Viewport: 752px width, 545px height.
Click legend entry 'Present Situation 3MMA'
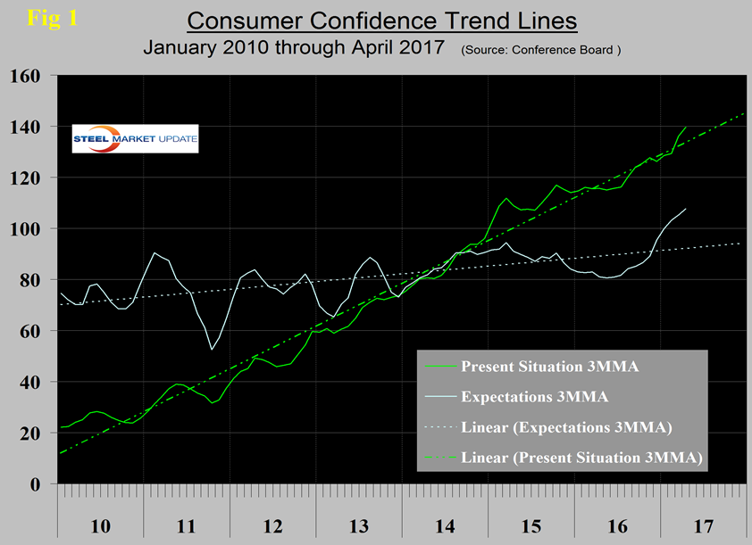[539, 367]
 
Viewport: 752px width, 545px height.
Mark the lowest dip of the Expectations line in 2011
[212, 349]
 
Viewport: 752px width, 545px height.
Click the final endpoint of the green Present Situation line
[685, 128]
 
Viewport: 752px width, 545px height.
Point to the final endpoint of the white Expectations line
[685, 209]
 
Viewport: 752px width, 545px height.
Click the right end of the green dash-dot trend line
[746, 113]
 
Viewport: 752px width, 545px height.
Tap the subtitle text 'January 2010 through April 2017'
[294, 49]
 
